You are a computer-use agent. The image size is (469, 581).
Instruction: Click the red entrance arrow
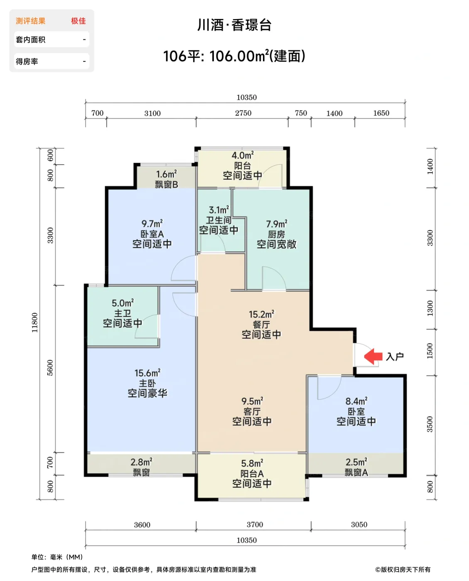[x=373, y=356]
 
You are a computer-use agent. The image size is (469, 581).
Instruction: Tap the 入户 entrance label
[x=395, y=356]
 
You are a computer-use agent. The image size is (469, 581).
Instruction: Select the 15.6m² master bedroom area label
[x=147, y=373]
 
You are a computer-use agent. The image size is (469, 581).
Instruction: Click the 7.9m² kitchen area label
[x=277, y=224]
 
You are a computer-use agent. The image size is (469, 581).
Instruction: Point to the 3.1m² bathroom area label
[x=219, y=210]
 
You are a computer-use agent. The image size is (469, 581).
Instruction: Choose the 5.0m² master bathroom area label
[x=123, y=303]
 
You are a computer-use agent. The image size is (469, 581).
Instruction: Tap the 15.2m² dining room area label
[x=261, y=314]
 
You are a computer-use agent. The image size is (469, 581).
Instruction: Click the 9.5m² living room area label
[x=252, y=401]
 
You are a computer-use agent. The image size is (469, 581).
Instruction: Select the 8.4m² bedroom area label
[x=356, y=401]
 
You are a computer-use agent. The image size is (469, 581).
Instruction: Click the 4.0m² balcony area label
[x=243, y=155]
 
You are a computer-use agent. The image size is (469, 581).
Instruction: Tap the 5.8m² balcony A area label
[x=252, y=463]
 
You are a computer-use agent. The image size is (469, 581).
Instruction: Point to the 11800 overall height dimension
[x=34, y=322]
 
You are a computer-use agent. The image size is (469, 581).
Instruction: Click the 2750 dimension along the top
[x=243, y=113]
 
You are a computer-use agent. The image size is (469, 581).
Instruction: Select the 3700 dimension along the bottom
[x=255, y=524]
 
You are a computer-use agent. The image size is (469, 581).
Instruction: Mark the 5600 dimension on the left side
[x=50, y=368]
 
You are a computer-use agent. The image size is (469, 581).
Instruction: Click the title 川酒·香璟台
[x=234, y=25]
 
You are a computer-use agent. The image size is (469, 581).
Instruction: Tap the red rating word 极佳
[x=79, y=21]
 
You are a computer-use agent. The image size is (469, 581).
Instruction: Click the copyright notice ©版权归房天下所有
[x=403, y=569]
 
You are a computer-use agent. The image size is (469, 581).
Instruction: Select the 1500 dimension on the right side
[x=430, y=351]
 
